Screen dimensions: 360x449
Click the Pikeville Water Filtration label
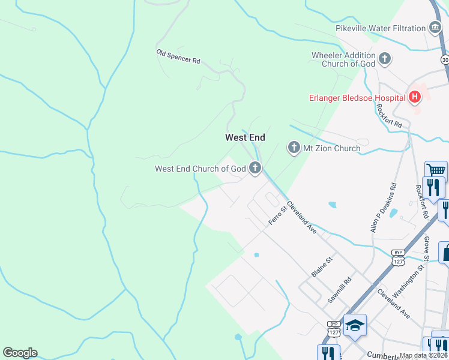pos(381,28)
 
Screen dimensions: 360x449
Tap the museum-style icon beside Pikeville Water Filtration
pos(435,28)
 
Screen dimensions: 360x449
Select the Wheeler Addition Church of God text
pos(343,59)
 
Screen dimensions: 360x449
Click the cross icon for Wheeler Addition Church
pos(385,59)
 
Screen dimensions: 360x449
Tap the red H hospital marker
pos(414,97)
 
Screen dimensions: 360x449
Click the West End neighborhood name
pos(245,137)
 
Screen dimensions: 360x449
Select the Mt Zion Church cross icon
pos(294,148)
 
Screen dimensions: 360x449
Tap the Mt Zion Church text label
pos(331,148)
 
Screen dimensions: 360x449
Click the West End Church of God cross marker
pos(255,169)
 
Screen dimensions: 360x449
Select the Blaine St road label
pos(322,267)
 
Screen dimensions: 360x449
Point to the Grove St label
pos(426,248)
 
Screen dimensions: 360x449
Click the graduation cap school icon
pos(355,325)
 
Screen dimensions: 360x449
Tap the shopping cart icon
pos(436,170)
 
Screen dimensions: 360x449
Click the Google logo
pos(20,353)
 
